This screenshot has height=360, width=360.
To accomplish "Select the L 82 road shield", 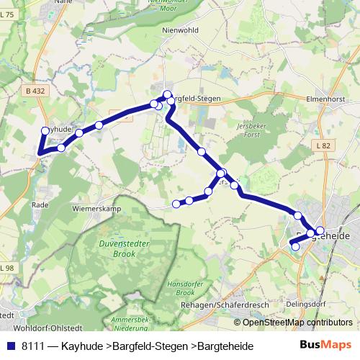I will pos(323,145).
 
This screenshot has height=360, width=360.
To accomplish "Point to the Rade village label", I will pos(39,204).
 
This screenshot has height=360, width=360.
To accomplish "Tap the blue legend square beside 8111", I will pos(11,346).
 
